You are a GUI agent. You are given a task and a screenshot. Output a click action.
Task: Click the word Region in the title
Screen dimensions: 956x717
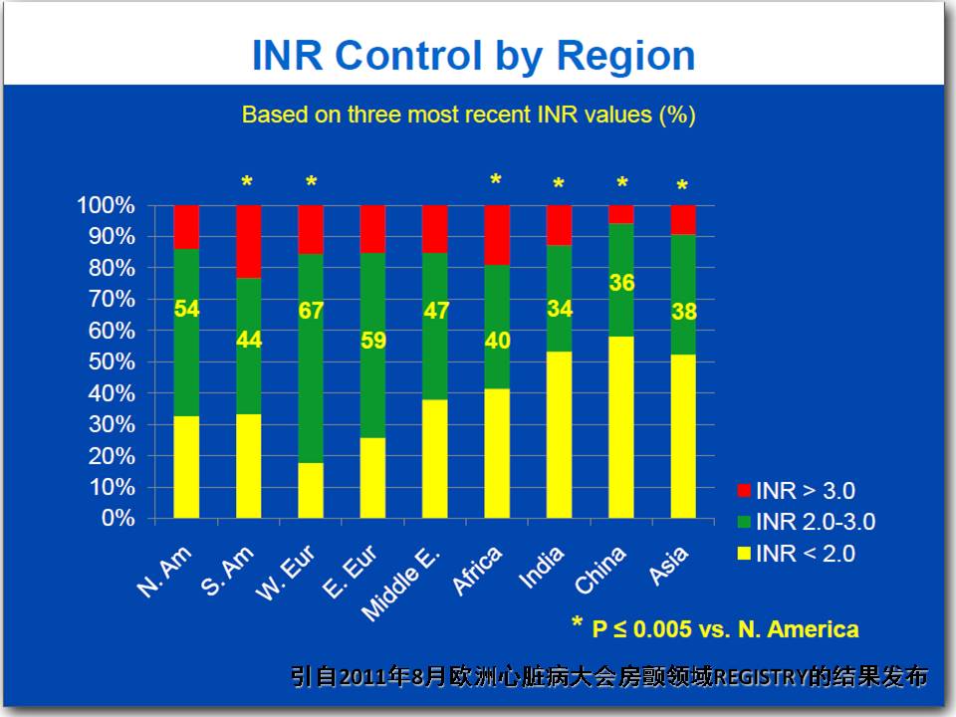tap(625, 57)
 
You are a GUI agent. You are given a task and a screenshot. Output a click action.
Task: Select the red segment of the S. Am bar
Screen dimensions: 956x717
tap(249, 241)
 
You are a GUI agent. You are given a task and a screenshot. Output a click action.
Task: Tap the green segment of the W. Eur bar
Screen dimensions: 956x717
tap(311, 358)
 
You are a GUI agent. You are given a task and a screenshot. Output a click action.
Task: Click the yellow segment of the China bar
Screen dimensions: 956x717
tap(621, 427)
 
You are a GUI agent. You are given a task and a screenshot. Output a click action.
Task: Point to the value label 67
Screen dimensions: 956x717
tap(311, 311)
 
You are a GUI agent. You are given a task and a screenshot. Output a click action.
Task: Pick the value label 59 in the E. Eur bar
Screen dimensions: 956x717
tap(373, 341)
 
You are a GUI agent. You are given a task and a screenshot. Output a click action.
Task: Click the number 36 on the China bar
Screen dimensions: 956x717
tap(621, 283)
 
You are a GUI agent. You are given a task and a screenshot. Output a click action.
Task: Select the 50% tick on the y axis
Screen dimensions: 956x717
tap(112, 362)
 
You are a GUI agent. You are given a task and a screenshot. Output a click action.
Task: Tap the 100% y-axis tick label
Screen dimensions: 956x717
tap(107, 205)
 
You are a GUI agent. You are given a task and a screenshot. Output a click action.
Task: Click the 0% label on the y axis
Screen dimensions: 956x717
tap(119, 518)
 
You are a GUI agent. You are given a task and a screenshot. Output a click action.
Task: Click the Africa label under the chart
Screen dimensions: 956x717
tap(477, 571)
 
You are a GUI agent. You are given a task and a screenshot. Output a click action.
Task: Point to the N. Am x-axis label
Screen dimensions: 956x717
tap(164, 572)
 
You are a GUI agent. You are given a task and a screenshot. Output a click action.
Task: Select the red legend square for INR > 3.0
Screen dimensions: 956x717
tap(744, 491)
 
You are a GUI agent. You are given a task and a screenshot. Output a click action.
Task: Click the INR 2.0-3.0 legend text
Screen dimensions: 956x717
tap(816, 522)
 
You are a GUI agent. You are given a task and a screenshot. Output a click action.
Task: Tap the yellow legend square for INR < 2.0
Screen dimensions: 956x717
tap(744, 554)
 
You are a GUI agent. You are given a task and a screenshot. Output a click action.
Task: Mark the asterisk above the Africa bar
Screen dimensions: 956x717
tap(496, 180)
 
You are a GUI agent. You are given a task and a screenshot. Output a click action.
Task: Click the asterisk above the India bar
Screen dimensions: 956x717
tap(559, 183)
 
